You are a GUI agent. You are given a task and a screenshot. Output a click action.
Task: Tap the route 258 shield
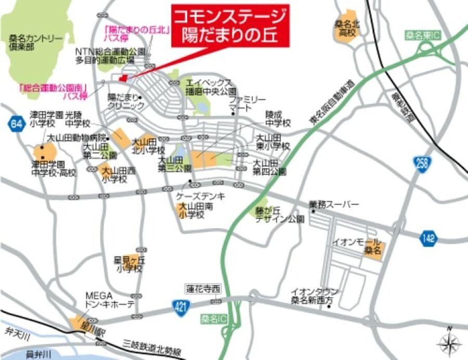[422, 163]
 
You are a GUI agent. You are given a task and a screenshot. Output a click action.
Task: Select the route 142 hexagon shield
[428, 238]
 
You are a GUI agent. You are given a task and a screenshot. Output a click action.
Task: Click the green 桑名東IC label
[423, 36]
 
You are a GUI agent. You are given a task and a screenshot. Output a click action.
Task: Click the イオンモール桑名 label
[367, 246]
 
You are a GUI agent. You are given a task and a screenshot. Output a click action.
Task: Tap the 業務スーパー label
[334, 205]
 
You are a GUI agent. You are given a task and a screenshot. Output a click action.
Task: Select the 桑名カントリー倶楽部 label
[36, 42]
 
